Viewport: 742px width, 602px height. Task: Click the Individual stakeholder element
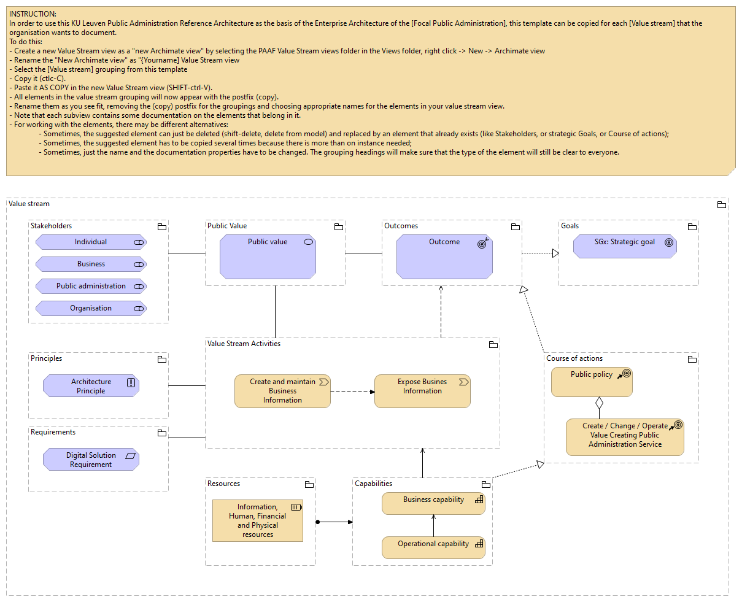pos(91,242)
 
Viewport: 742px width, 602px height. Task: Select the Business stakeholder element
pos(91,264)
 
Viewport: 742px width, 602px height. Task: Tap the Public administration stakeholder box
pos(91,287)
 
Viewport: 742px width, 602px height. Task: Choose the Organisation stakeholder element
pos(91,309)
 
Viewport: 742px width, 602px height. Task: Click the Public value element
pos(268,257)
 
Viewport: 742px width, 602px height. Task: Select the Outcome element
pos(444,257)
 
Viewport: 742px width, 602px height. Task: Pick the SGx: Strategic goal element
pos(625,247)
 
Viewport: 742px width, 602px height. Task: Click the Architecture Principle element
pos(91,386)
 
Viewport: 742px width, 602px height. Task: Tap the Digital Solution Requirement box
pos(91,460)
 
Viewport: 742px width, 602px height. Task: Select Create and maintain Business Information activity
pos(282,391)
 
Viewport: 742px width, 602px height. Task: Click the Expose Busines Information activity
pos(422,391)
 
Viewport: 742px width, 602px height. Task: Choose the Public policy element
pos(592,382)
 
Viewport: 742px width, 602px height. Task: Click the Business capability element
pos(433,504)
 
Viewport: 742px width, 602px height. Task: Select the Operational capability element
pos(433,547)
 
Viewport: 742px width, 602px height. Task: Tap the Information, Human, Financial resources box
pos(258,520)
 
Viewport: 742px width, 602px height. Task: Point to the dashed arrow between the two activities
pos(352,392)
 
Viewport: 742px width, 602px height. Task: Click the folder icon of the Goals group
pos(692,226)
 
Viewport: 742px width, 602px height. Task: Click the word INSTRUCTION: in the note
pos(33,14)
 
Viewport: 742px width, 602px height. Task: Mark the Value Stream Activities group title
pos(244,344)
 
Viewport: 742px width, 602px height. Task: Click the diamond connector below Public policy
pos(599,403)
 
